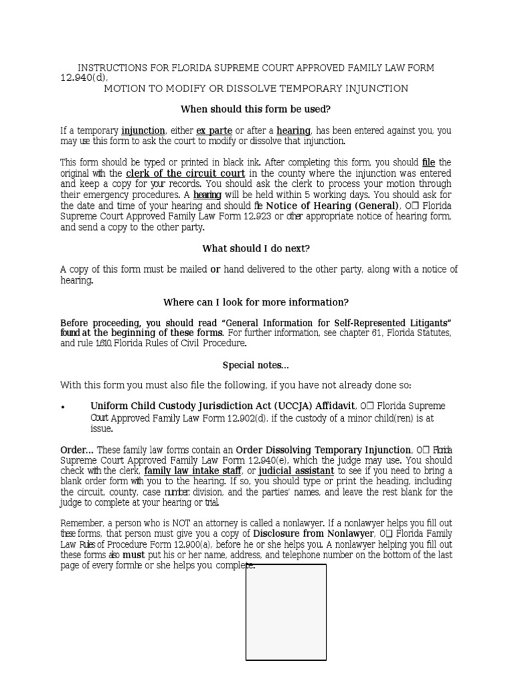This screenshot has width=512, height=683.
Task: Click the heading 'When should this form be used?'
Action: click(256, 109)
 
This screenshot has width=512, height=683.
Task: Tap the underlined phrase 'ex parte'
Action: click(213, 131)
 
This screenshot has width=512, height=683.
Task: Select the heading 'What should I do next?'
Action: click(256, 249)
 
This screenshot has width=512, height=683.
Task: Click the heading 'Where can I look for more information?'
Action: click(256, 302)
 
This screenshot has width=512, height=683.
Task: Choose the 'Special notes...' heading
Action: click(256, 365)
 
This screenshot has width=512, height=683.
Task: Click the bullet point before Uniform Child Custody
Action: click(63, 407)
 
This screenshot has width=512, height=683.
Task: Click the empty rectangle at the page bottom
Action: click(286, 612)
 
